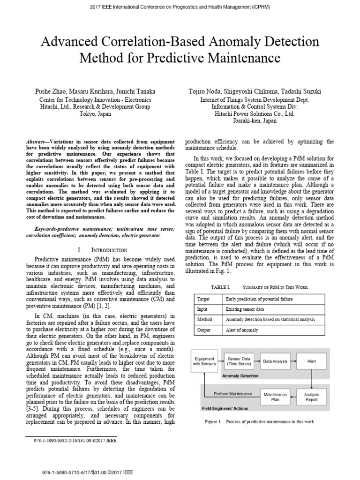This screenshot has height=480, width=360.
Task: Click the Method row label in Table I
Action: coord(205,320)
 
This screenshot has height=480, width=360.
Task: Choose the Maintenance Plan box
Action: coord(276,397)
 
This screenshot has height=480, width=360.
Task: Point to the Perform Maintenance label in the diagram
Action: coord(232,394)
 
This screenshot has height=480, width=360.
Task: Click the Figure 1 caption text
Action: coord(259,422)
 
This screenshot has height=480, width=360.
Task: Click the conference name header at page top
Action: coord(180,7)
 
